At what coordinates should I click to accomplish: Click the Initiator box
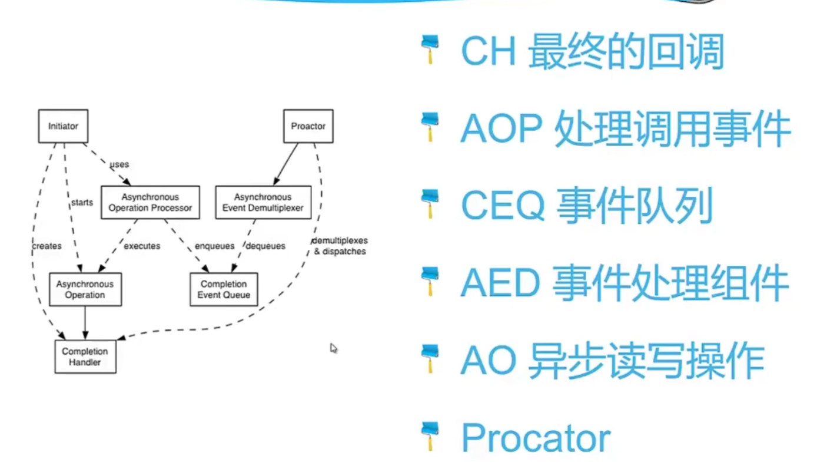(x=63, y=126)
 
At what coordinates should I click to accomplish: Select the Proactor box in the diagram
(x=308, y=126)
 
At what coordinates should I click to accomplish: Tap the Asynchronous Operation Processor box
(x=150, y=203)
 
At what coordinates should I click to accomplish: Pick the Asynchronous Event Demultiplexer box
(x=263, y=203)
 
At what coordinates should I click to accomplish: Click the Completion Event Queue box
(x=224, y=289)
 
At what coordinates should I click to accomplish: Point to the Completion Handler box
(x=85, y=357)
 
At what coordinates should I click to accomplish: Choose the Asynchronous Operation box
(x=85, y=289)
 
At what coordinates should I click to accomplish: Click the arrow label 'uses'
(x=119, y=164)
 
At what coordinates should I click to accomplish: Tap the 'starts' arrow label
(x=82, y=203)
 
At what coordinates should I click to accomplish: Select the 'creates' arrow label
(x=47, y=246)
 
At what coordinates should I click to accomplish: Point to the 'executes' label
(x=142, y=246)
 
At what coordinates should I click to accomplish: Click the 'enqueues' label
(x=214, y=246)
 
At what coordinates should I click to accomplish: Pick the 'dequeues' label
(x=265, y=246)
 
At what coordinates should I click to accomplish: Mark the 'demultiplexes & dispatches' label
(x=340, y=246)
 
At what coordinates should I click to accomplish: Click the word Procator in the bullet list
(x=536, y=438)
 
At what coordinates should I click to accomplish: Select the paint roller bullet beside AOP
(x=430, y=128)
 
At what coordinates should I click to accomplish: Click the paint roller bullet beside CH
(x=430, y=50)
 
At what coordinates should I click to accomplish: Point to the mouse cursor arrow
(x=333, y=348)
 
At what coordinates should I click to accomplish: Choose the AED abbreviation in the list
(x=500, y=283)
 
